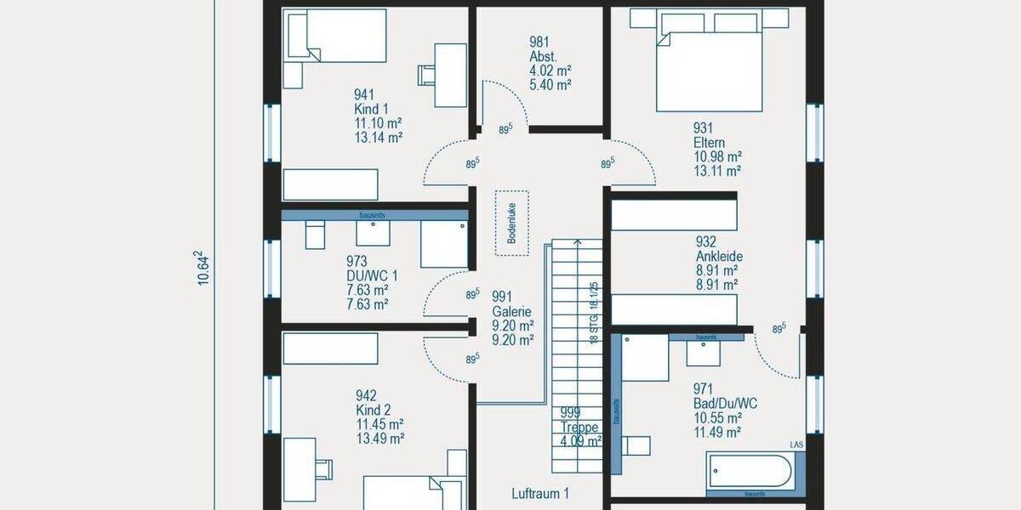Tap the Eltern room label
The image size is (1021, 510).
tap(709, 143)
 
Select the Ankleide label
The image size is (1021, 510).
tap(719, 256)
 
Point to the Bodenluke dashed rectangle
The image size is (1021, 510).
tap(512, 224)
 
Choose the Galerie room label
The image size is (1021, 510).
tap(511, 311)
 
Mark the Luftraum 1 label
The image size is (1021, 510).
tap(540, 493)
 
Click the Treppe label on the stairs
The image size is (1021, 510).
tap(579, 427)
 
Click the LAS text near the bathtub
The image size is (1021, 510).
tap(796, 445)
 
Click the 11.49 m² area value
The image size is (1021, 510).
tap(718, 432)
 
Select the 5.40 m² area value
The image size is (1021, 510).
tap(550, 85)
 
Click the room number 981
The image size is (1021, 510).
tap(539, 41)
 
